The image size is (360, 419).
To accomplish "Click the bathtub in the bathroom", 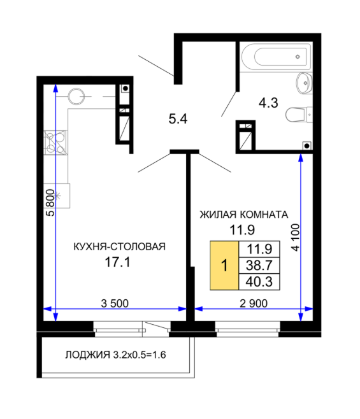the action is (276, 57).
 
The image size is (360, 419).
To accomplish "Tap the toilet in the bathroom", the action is (299, 115).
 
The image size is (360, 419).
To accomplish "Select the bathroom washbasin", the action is (305, 83).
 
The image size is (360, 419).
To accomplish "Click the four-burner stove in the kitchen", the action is (55, 143).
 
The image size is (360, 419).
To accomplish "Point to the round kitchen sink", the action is (76, 96).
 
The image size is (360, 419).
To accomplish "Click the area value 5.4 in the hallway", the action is (178, 118).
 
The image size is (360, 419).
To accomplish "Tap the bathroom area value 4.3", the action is (268, 103).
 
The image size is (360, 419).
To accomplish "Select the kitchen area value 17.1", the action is (117, 262).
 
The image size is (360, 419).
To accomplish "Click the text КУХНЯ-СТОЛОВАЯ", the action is (119, 246).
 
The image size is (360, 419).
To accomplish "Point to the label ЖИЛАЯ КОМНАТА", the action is (243, 215).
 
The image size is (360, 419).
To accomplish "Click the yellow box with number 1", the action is (224, 266).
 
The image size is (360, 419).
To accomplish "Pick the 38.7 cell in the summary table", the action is (259, 266).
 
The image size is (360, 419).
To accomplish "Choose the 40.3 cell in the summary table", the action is (259, 281).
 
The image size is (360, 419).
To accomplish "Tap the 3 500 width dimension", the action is (115, 303).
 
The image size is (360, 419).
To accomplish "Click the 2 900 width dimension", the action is (254, 303).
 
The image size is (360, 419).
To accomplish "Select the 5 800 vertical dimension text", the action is (50, 202).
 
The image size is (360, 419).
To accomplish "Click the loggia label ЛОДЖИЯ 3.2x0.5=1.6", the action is (115, 355).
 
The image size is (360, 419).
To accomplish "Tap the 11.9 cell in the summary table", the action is (259, 249).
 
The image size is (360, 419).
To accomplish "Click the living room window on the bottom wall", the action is (248, 329).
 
